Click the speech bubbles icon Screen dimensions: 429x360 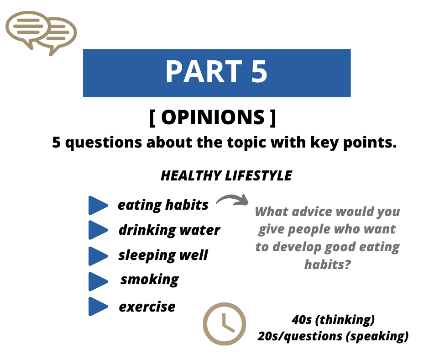pyautogui.click(x=41, y=33)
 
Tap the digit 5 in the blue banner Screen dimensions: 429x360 pyautogui.click(x=259, y=72)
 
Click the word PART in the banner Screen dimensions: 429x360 pyautogui.click(x=204, y=72)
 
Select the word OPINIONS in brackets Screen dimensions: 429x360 pyautogui.click(x=213, y=117)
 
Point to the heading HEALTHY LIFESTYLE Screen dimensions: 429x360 pyautogui.click(x=226, y=175)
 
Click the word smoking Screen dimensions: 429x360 pyautogui.click(x=150, y=280)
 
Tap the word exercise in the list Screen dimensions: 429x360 pyautogui.click(x=147, y=307)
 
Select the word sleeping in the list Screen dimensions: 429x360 pyautogui.click(x=147, y=256)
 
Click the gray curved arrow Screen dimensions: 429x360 pyautogui.click(x=233, y=200)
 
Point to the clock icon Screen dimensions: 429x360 pyautogui.click(x=225, y=323)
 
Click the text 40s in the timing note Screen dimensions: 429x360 pyautogui.click(x=302, y=320)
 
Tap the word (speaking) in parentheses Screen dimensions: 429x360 pyautogui.click(x=377, y=336)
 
